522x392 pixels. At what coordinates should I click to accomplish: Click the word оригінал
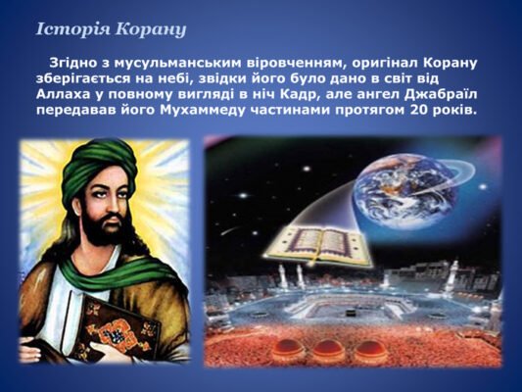tap(383, 63)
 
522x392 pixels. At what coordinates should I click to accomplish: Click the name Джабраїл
tap(442, 94)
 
